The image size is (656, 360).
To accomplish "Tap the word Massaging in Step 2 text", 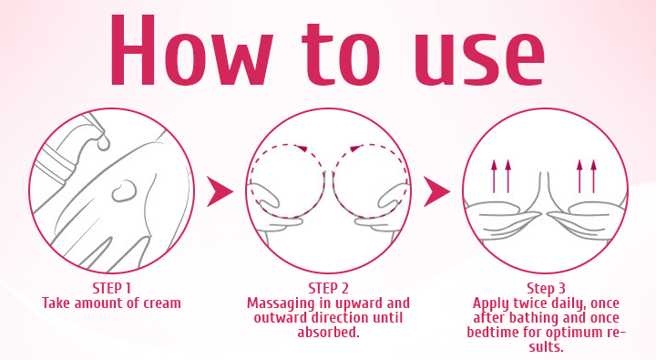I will point(281,302).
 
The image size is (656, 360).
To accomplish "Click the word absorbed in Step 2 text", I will point(328,331).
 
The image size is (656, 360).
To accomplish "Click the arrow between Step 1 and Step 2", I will point(220,191).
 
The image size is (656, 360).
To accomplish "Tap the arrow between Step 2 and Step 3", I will point(436,191).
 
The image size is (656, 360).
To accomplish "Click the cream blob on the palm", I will point(123,192).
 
